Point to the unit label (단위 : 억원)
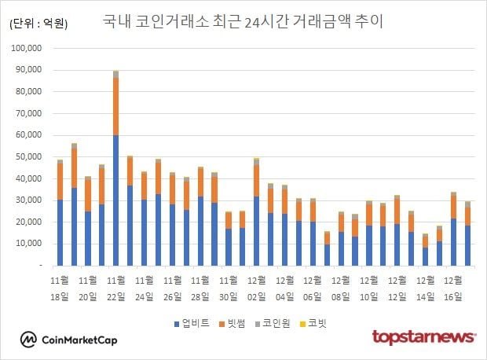[x=38, y=24]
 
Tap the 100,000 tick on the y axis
[x=33, y=48]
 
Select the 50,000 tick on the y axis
[x=35, y=156]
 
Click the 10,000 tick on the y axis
[x=35, y=244]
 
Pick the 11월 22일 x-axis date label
[x=116, y=288]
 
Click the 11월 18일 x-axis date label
[x=60, y=288]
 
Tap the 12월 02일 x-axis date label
[x=255, y=288]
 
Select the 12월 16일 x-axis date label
[x=452, y=288]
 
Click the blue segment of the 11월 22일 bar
[x=115, y=200]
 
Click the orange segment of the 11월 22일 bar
[x=115, y=106]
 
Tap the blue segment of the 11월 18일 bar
[x=60, y=233]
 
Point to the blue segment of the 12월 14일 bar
[x=426, y=256]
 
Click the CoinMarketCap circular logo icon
[x=29, y=339]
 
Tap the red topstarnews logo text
[x=423, y=337]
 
